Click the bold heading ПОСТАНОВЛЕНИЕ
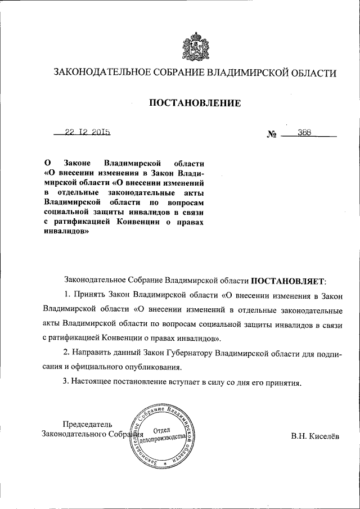point(195,103)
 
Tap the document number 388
point(304,133)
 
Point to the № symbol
point(273,135)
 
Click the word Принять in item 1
point(88,294)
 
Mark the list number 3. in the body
point(66,381)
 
